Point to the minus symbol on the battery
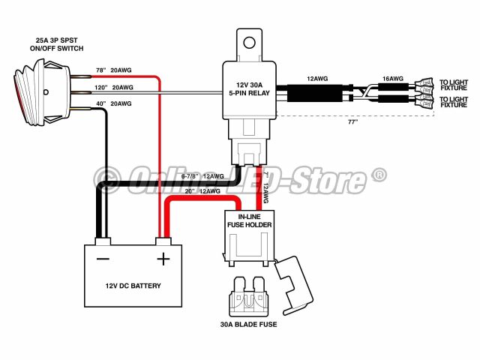point(103,259)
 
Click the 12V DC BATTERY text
point(133,286)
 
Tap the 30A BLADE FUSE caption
point(250,325)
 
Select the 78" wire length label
point(100,70)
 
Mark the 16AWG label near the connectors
point(392,78)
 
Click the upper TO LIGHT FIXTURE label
point(454,85)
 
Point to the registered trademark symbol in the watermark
point(379,175)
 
